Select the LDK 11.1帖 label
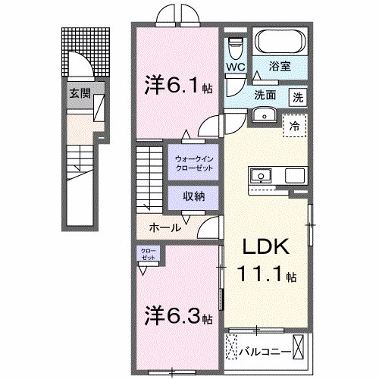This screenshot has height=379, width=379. [268, 262]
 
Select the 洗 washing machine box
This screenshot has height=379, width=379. [299, 96]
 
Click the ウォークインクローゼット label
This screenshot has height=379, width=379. [195, 162]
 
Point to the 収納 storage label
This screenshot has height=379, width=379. [195, 196]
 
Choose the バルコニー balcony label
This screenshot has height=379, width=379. [265, 352]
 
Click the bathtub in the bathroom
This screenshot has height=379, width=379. [279, 41]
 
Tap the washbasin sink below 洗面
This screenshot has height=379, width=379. [265, 114]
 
